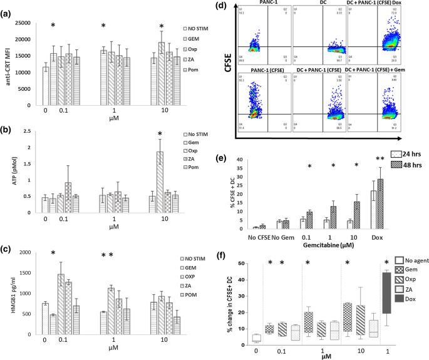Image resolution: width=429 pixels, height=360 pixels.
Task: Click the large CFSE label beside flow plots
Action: point(227,69)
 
